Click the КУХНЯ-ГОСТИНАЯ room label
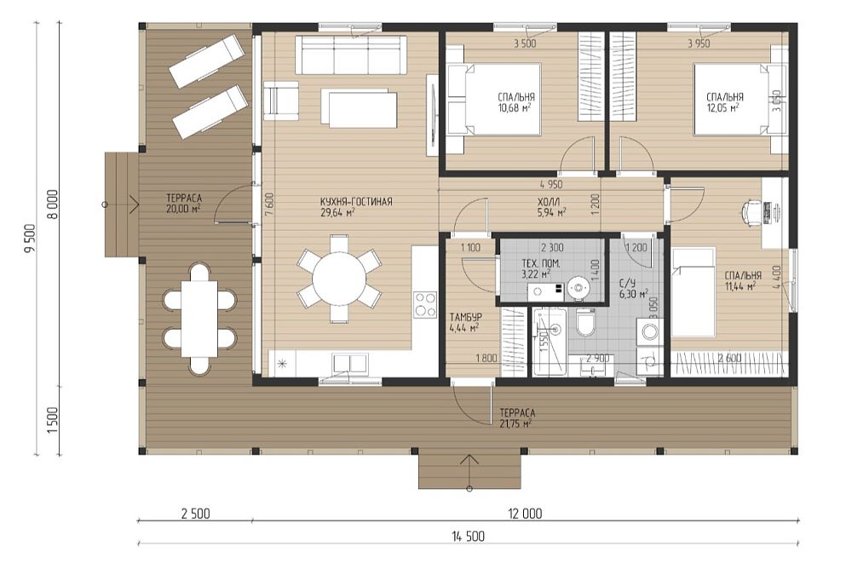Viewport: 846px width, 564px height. click(x=356, y=202)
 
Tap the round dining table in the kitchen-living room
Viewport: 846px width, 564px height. click(x=339, y=279)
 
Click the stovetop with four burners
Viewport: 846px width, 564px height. click(x=424, y=305)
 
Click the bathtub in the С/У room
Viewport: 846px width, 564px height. click(x=550, y=342)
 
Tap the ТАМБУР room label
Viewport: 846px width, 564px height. click(x=466, y=317)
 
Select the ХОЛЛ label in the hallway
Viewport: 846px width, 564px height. click(x=550, y=202)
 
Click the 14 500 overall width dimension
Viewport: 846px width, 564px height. click(x=469, y=536)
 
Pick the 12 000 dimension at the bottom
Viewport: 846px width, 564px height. click(x=525, y=513)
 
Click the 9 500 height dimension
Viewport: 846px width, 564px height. click(x=30, y=239)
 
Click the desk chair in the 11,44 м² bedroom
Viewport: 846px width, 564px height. click(x=754, y=210)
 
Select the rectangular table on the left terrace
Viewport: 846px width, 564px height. click(x=199, y=319)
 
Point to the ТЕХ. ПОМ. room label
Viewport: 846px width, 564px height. click(x=541, y=264)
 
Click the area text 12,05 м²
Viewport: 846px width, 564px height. click(x=723, y=107)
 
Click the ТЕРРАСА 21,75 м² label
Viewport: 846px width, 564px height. click(x=517, y=418)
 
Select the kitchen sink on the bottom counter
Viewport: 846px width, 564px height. click(x=350, y=363)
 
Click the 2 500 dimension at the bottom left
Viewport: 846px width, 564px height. click(x=195, y=513)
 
